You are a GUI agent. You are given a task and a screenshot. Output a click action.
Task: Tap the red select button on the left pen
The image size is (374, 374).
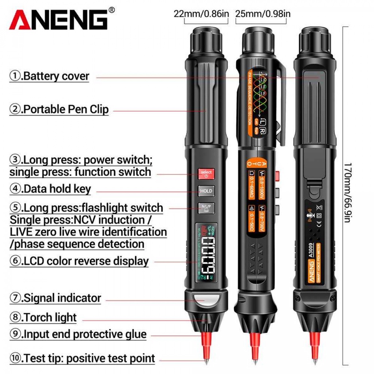point(206,174)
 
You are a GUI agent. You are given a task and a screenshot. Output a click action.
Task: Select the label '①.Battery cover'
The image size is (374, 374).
point(49,76)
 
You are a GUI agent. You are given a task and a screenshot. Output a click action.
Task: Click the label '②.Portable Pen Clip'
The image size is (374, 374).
point(59,109)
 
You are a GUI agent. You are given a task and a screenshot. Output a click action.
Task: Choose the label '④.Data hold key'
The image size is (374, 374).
point(50,189)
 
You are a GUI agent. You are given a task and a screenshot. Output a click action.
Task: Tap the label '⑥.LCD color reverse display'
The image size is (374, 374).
point(79,261)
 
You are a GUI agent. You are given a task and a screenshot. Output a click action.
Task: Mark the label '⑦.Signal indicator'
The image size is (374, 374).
point(55,298)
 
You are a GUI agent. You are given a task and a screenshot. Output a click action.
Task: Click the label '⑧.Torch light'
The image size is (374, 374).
point(43,317)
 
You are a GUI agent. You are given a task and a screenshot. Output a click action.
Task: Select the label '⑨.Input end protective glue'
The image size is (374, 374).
point(78,334)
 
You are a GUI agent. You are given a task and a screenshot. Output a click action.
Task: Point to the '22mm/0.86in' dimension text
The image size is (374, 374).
point(201,14)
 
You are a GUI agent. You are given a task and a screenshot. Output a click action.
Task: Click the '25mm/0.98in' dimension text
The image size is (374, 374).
point(263,14)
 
